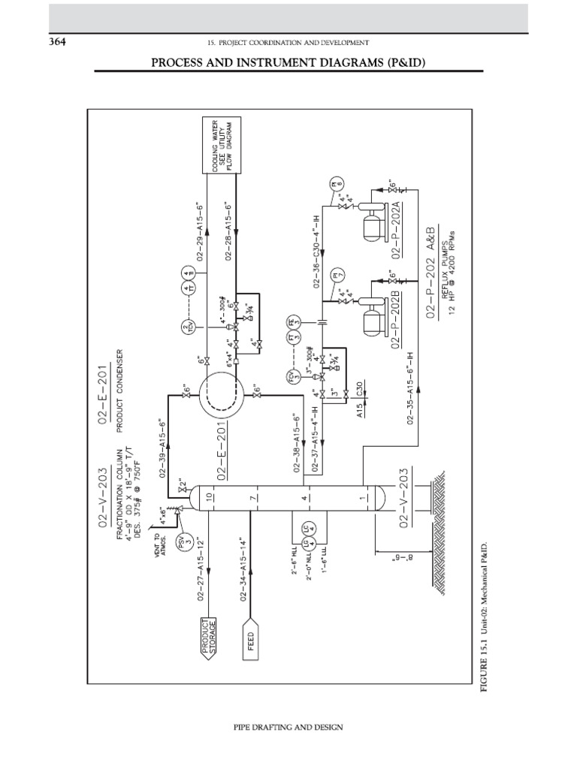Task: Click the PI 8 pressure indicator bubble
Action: click(338, 183)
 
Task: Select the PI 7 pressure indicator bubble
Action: click(338, 273)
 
